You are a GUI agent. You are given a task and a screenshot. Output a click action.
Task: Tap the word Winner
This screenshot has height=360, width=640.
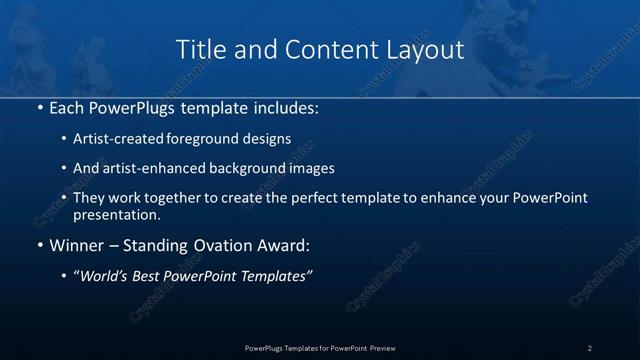[77, 245]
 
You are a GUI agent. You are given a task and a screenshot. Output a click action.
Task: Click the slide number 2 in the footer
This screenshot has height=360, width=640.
[590, 348]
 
